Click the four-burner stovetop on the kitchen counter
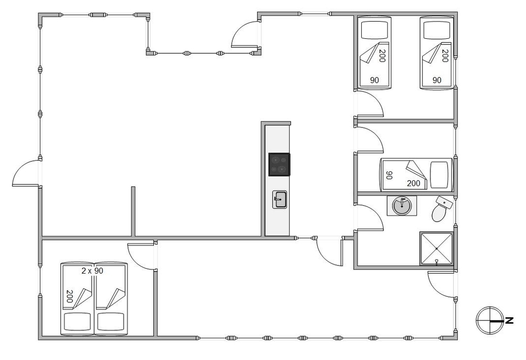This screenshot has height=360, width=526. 279,164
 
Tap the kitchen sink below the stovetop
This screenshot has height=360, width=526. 279,200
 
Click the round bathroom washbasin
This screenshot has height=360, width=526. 402,206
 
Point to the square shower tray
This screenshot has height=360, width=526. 436,248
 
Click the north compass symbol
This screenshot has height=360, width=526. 490,321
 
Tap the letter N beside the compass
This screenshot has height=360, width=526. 509,321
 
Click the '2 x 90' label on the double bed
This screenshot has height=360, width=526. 92,271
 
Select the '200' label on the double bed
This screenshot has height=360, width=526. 70,296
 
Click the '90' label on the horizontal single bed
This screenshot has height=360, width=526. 389,175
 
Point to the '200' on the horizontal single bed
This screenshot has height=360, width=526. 413,184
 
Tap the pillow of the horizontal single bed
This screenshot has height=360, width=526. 439,175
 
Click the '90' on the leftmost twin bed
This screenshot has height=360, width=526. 374,80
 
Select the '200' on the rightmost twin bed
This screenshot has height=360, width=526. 445,56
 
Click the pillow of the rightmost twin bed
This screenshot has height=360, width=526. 436,30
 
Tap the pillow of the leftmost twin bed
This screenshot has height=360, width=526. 374,30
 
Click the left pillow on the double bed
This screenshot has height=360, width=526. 77,322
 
